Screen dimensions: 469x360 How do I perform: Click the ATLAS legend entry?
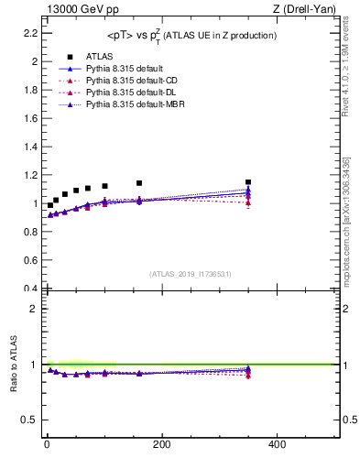[x=100, y=56]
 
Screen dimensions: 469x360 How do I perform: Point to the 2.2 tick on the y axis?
[x=29, y=33]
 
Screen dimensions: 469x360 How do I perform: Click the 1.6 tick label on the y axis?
[x=29, y=118]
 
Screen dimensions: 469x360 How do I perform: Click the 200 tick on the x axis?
[x=161, y=444]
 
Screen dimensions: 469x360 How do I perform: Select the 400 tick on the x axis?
[x=277, y=444]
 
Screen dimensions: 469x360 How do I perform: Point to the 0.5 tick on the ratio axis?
[x=29, y=420]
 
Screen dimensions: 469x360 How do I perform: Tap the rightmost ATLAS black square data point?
[x=248, y=182]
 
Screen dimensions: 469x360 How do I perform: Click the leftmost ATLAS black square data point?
[x=50, y=205]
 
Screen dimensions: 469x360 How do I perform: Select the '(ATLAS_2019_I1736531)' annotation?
[x=191, y=273]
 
